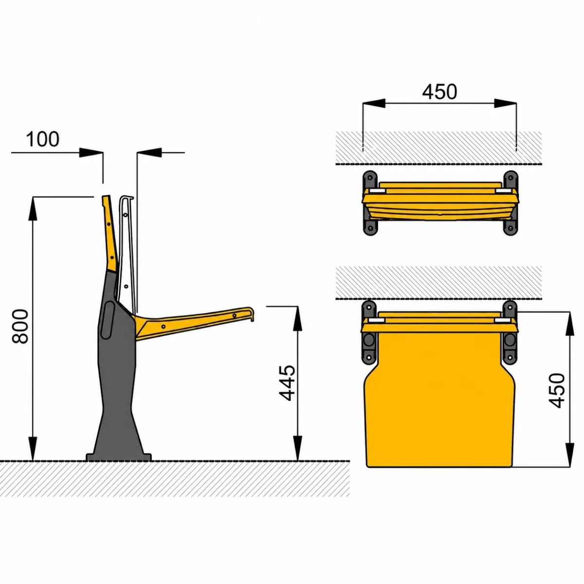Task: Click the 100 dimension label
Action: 43,139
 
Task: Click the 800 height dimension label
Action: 20,327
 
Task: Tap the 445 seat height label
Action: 287,383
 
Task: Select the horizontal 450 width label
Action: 439,92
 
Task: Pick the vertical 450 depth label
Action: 557,391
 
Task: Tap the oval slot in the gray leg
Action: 108,320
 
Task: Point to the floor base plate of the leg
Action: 118,457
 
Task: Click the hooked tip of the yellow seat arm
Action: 251,314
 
